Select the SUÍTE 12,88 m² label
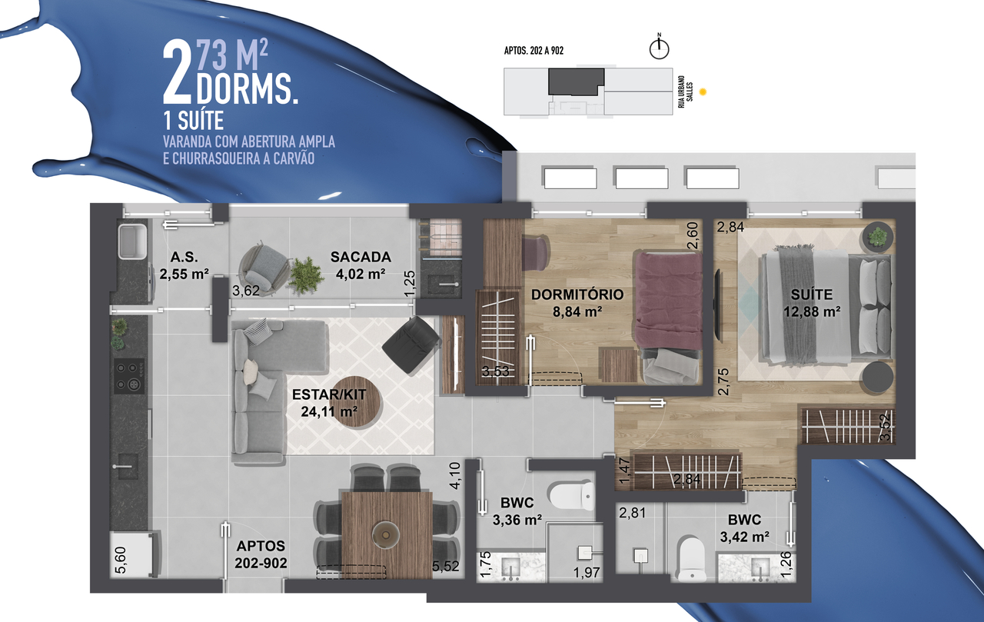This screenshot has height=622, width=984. coord(812,303)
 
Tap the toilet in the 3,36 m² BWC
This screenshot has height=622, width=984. coord(570,496)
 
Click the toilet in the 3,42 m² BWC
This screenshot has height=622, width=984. coord(691,558)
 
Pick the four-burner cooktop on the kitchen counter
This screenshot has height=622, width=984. coord(129,375)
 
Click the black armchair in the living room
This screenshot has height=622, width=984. coord(411,345)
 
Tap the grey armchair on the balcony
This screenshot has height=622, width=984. coord(263,268)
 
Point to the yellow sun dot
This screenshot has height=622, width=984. coord(703,91)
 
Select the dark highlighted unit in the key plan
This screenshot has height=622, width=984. coord(576,81)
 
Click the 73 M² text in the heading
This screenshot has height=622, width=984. coord(231,55)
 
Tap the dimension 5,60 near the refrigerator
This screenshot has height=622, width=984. coord(120,560)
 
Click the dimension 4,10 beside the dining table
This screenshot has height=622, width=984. coord(455,476)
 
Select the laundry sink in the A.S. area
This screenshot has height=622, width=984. coord(133,241)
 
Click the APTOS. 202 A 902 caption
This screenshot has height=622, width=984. coord(534,51)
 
